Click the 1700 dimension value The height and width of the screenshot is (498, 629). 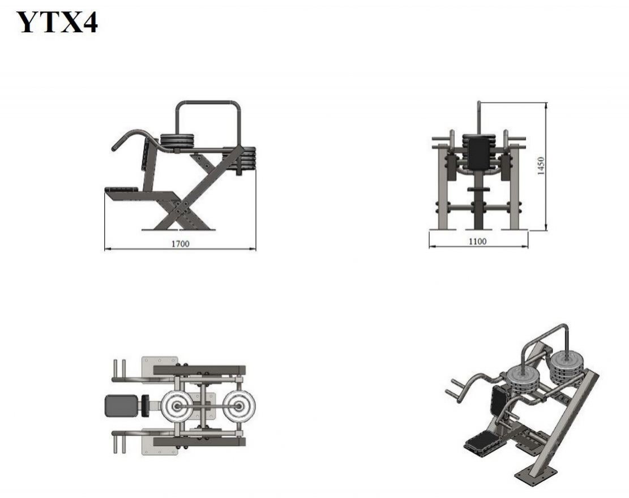tap(180, 244)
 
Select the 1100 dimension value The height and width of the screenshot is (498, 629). tap(477, 242)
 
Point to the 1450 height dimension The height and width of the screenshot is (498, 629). tap(541, 166)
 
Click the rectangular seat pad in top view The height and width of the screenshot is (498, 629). tap(122, 405)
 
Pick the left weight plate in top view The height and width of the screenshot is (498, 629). tap(177, 406)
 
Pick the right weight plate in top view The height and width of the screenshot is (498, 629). tap(239, 406)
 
